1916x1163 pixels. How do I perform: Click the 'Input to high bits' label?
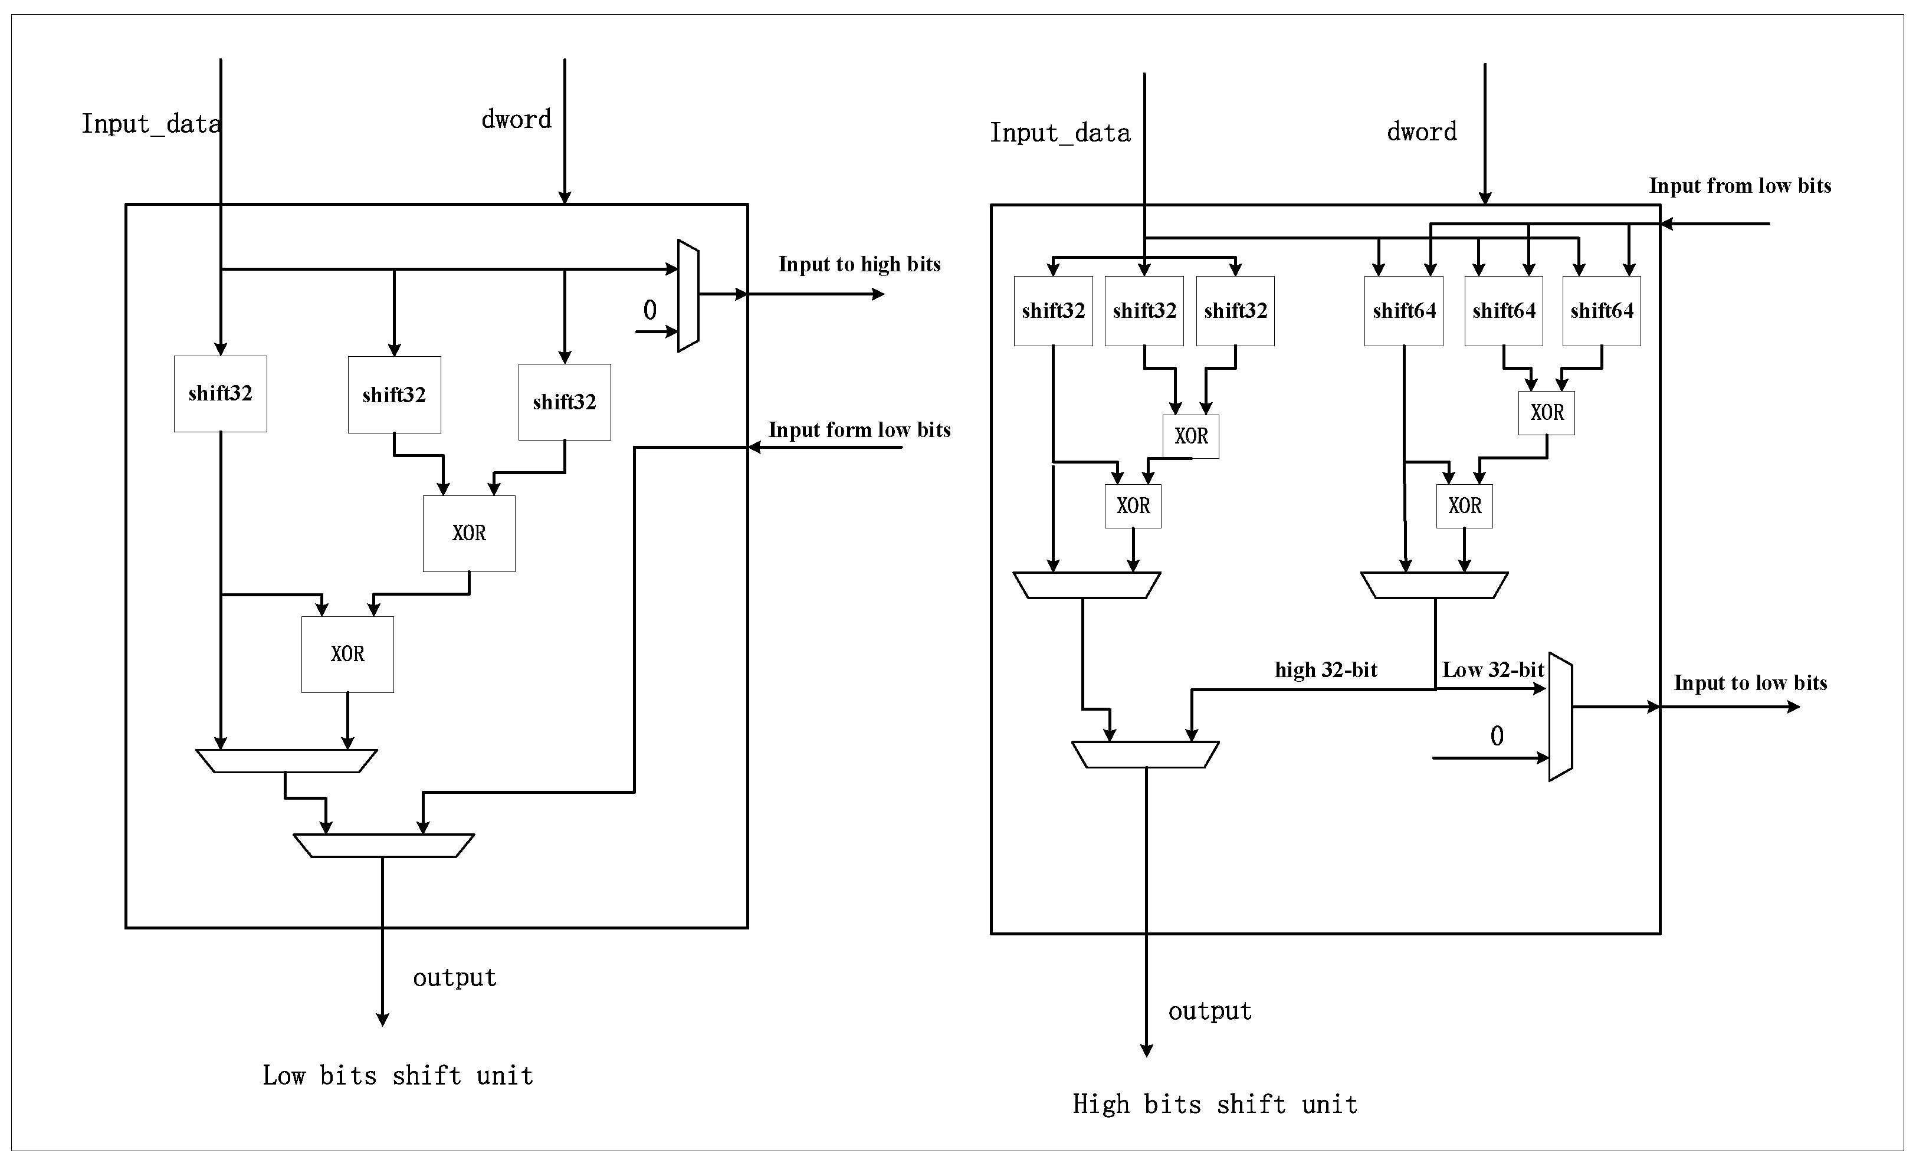pos(859,264)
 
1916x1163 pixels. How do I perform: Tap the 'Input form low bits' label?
pos(859,430)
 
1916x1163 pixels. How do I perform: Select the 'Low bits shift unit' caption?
pos(398,1076)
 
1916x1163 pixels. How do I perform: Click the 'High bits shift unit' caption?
pos(1215,1105)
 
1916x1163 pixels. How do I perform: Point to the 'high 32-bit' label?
pos(1326,670)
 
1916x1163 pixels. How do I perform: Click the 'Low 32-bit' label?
pos(1493,670)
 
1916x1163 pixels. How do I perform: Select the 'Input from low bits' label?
pos(1740,186)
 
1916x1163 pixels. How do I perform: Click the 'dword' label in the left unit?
pos(516,120)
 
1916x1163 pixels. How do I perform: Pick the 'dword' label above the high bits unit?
pos(1422,132)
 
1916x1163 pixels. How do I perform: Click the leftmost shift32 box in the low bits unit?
pos(221,394)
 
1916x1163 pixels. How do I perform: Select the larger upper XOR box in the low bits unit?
pos(469,533)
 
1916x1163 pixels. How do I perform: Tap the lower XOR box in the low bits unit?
pos(347,655)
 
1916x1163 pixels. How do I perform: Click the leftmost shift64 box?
pos(1403,311)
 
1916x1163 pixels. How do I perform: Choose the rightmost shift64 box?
pos(1602,311)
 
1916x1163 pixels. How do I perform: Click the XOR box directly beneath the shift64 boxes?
pos(1547,413)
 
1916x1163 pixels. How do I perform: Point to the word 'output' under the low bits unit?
pos(454,978)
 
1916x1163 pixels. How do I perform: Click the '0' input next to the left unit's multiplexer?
pos(650,311)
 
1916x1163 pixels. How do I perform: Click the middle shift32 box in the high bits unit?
pos(1144,311)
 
